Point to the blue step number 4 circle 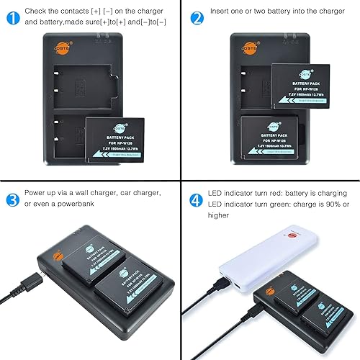coord(195,199)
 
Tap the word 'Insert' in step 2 coord(222,12)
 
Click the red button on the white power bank coord(293,235)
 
